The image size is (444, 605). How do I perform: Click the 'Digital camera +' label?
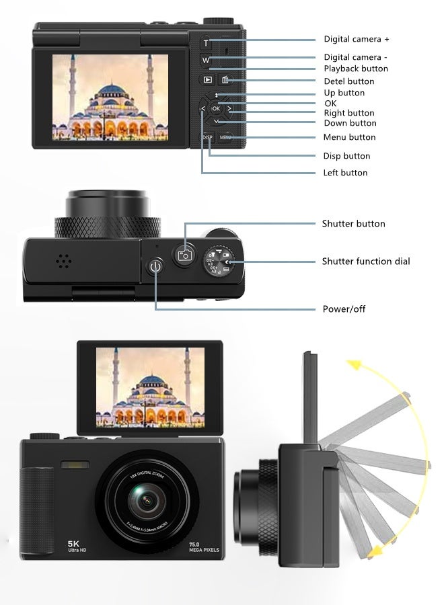tap(357, 40)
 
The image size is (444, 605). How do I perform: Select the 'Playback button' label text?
tap(356, 69)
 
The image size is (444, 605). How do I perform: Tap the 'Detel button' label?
tap(349, 81)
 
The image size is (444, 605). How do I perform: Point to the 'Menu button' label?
tap(350, 137)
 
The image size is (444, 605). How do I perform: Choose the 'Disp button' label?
tap(347, 156)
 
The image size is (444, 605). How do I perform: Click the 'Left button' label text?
tap(346, 173)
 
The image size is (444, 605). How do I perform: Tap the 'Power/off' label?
tap(344, 309)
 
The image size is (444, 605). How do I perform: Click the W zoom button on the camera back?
tap(206, 61)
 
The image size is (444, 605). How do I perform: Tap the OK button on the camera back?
tap(216, 108)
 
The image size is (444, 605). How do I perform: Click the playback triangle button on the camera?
tap(208, 80)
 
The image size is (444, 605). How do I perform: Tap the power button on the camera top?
tap(156, 268)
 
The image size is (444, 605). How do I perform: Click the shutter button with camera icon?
tap(184, 254)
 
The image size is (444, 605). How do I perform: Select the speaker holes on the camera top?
tap(64, 261)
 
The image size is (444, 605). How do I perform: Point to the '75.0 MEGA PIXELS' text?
tap(204, 547)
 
